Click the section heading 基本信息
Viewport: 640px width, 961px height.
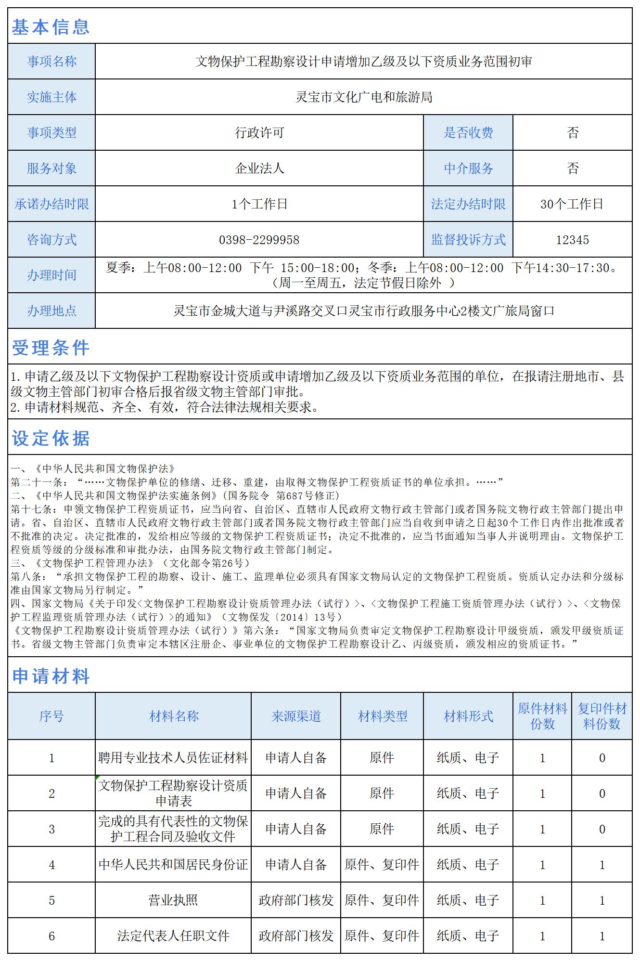coord(51,27)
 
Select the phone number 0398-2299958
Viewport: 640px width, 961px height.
coord(259,240)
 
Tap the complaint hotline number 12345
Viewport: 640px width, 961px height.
coord(572,240)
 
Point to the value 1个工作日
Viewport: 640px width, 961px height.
coord(259,204)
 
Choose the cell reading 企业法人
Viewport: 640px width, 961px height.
coord(259,169)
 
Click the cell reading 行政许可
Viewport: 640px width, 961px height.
coord(259,133)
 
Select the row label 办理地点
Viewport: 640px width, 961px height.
coord(51,311)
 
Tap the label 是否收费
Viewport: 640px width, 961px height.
coord(468,133)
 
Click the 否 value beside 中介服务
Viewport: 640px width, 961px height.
coord(572,169)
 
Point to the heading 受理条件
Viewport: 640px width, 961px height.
coord(51,348)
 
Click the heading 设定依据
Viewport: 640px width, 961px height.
coord(51,438)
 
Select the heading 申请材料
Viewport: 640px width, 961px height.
coord(51,676)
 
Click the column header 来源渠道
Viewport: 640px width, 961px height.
coord(295,716)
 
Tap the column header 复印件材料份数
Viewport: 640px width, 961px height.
coord(602,716)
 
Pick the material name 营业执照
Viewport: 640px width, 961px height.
coord(173,900)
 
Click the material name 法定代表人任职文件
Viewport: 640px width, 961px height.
coord(173,936)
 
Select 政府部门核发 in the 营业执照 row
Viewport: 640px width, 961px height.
coord(295,900)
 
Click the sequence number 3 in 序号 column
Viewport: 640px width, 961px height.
coord(51,829)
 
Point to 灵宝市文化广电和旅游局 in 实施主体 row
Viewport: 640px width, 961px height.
coord(363,97)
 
